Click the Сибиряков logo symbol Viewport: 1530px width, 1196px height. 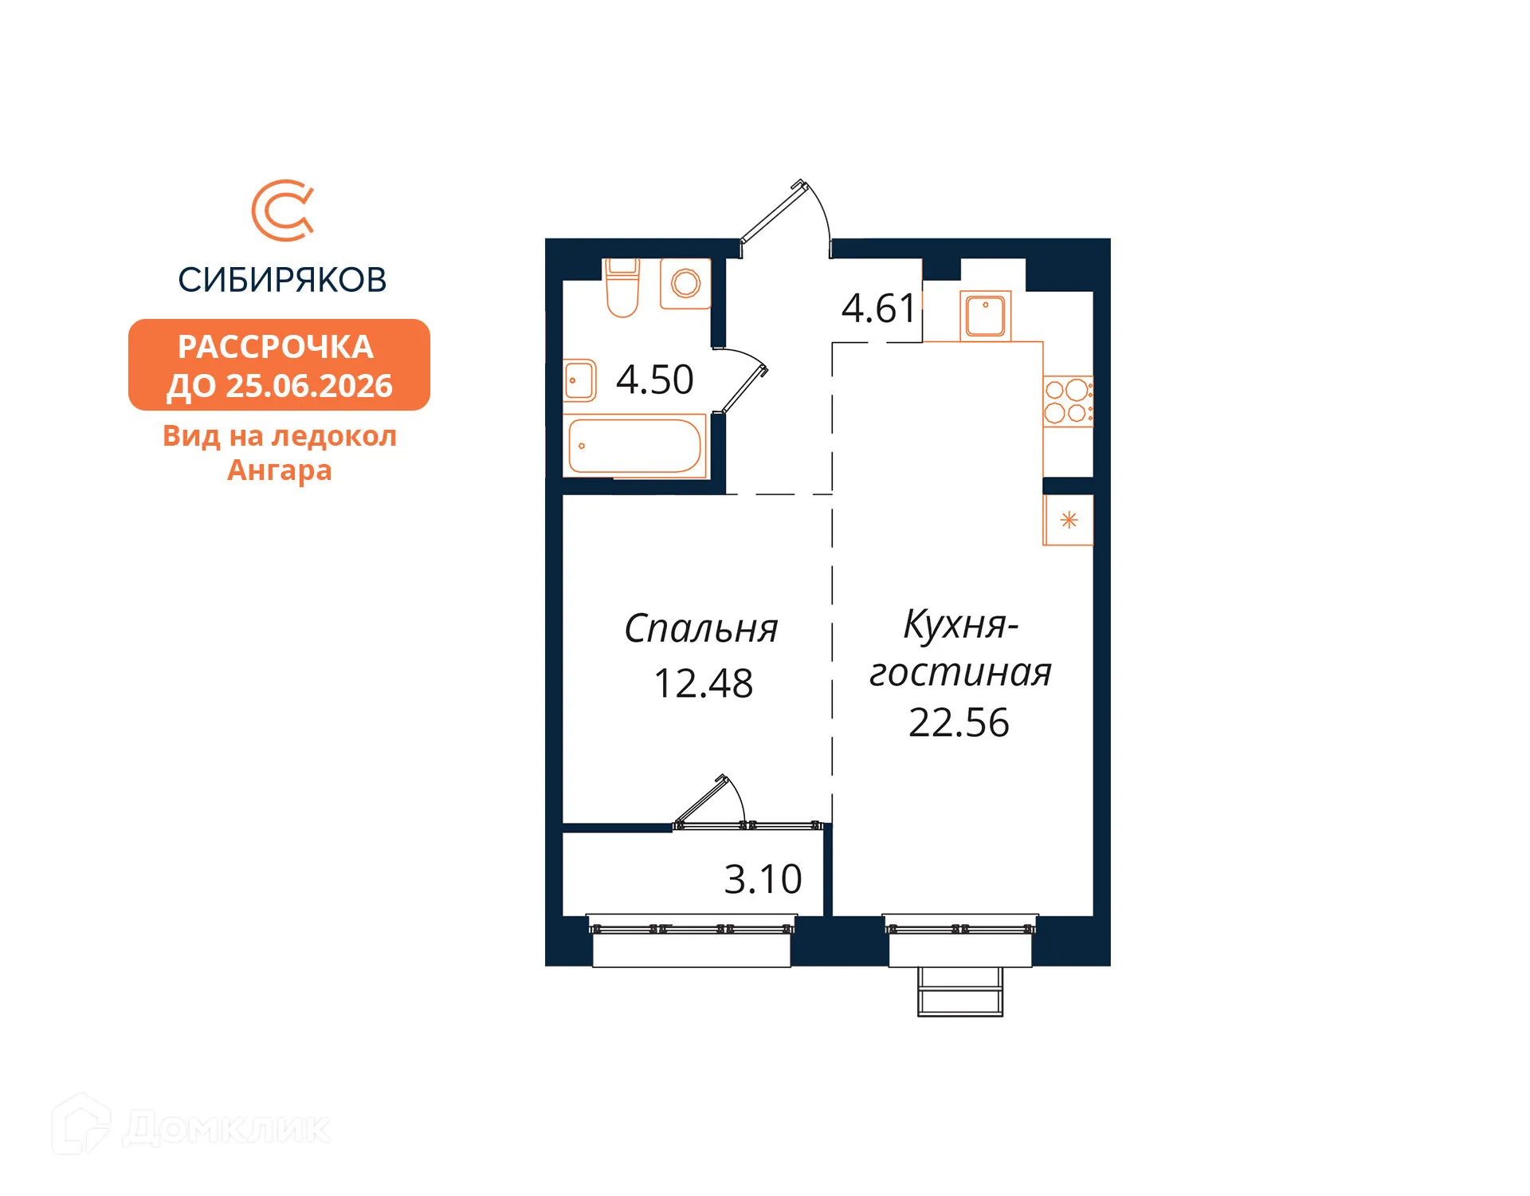(282, 210)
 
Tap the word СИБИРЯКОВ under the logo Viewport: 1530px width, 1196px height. (282, 280)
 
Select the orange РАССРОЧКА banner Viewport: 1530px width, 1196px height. (279, 365)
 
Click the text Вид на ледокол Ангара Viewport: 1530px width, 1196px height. (280, 453)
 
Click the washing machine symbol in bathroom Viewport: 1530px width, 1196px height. (685, 283)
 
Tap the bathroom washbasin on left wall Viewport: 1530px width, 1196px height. (580, 380)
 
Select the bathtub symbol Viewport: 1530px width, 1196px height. (635, 447)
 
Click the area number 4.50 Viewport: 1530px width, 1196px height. (655, 380)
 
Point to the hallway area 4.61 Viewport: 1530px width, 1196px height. (879, 309)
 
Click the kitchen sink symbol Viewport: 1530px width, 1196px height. (986, 316)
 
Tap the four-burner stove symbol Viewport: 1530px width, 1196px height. (1068, 401)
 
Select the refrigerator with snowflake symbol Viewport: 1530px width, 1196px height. (1069, 521)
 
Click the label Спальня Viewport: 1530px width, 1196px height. (701, 629)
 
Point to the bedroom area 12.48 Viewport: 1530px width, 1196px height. (704, 684)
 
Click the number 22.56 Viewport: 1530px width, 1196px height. (959, 723)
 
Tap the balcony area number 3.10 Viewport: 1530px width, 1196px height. (763, 879)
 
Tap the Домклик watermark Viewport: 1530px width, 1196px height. (192, 1127)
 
